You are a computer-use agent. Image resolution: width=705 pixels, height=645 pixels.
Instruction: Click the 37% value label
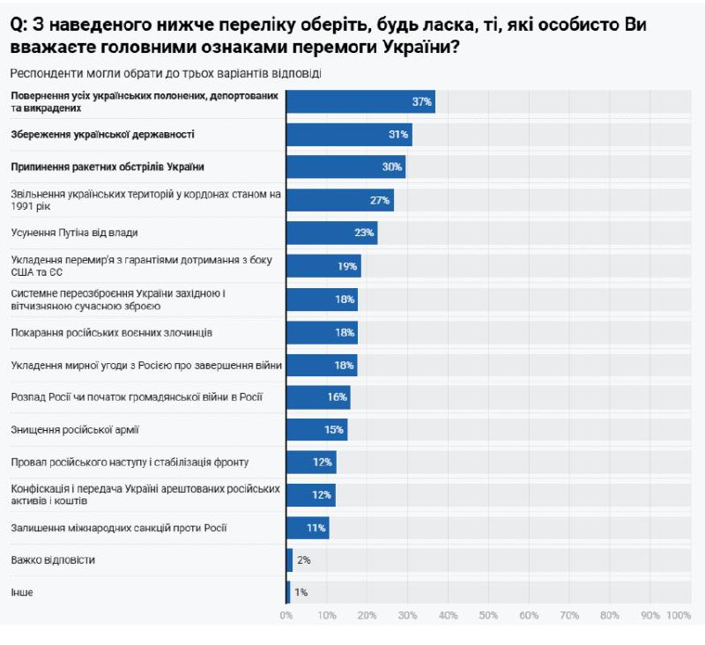pyautogui.click(x=421, y=102)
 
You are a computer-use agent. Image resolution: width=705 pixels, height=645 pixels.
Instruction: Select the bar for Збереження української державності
pyautogui.click(x=349, y=135)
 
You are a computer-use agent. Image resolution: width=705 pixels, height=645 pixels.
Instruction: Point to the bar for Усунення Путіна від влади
pyautogui.click(x=331, y=233)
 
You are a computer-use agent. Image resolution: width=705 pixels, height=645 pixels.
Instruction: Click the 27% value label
pyautogui.click(x=380, y=200)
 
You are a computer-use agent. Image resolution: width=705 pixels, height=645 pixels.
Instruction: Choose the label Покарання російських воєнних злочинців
pyautogui.click(x=111, y=332)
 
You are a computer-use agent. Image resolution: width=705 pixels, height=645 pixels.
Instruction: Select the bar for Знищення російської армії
pyautogui.click(x=316, y=430)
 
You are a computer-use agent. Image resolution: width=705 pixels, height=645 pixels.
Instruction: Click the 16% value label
pyautogui.click(x=337, y=397)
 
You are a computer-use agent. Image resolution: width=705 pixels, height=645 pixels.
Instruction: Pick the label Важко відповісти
pyautogui.click(x=53, y=560)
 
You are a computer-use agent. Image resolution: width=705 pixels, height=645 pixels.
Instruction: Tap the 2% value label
pyautogui.click(x=303, y=560)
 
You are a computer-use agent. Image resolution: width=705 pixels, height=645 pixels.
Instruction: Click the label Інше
pyautogui.click(x=22, y=592)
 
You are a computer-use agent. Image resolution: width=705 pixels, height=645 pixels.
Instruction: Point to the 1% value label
pyautogui.click(x=301, y=592)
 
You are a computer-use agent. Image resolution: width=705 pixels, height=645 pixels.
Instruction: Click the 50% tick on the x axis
pyautogui.click(x=488, y=614)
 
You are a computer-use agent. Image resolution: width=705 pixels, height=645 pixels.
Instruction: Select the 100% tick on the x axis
pyautogui.click(x=679, y=614)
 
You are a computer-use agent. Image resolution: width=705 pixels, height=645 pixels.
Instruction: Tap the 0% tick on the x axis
pyautogui.click(x=286, y=614)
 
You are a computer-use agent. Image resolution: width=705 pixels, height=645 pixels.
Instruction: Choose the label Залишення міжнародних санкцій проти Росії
pyautogui.click(x=119, y=527)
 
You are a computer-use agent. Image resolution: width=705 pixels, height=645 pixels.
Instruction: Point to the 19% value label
pyautogui.click(x=346, y=266)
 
